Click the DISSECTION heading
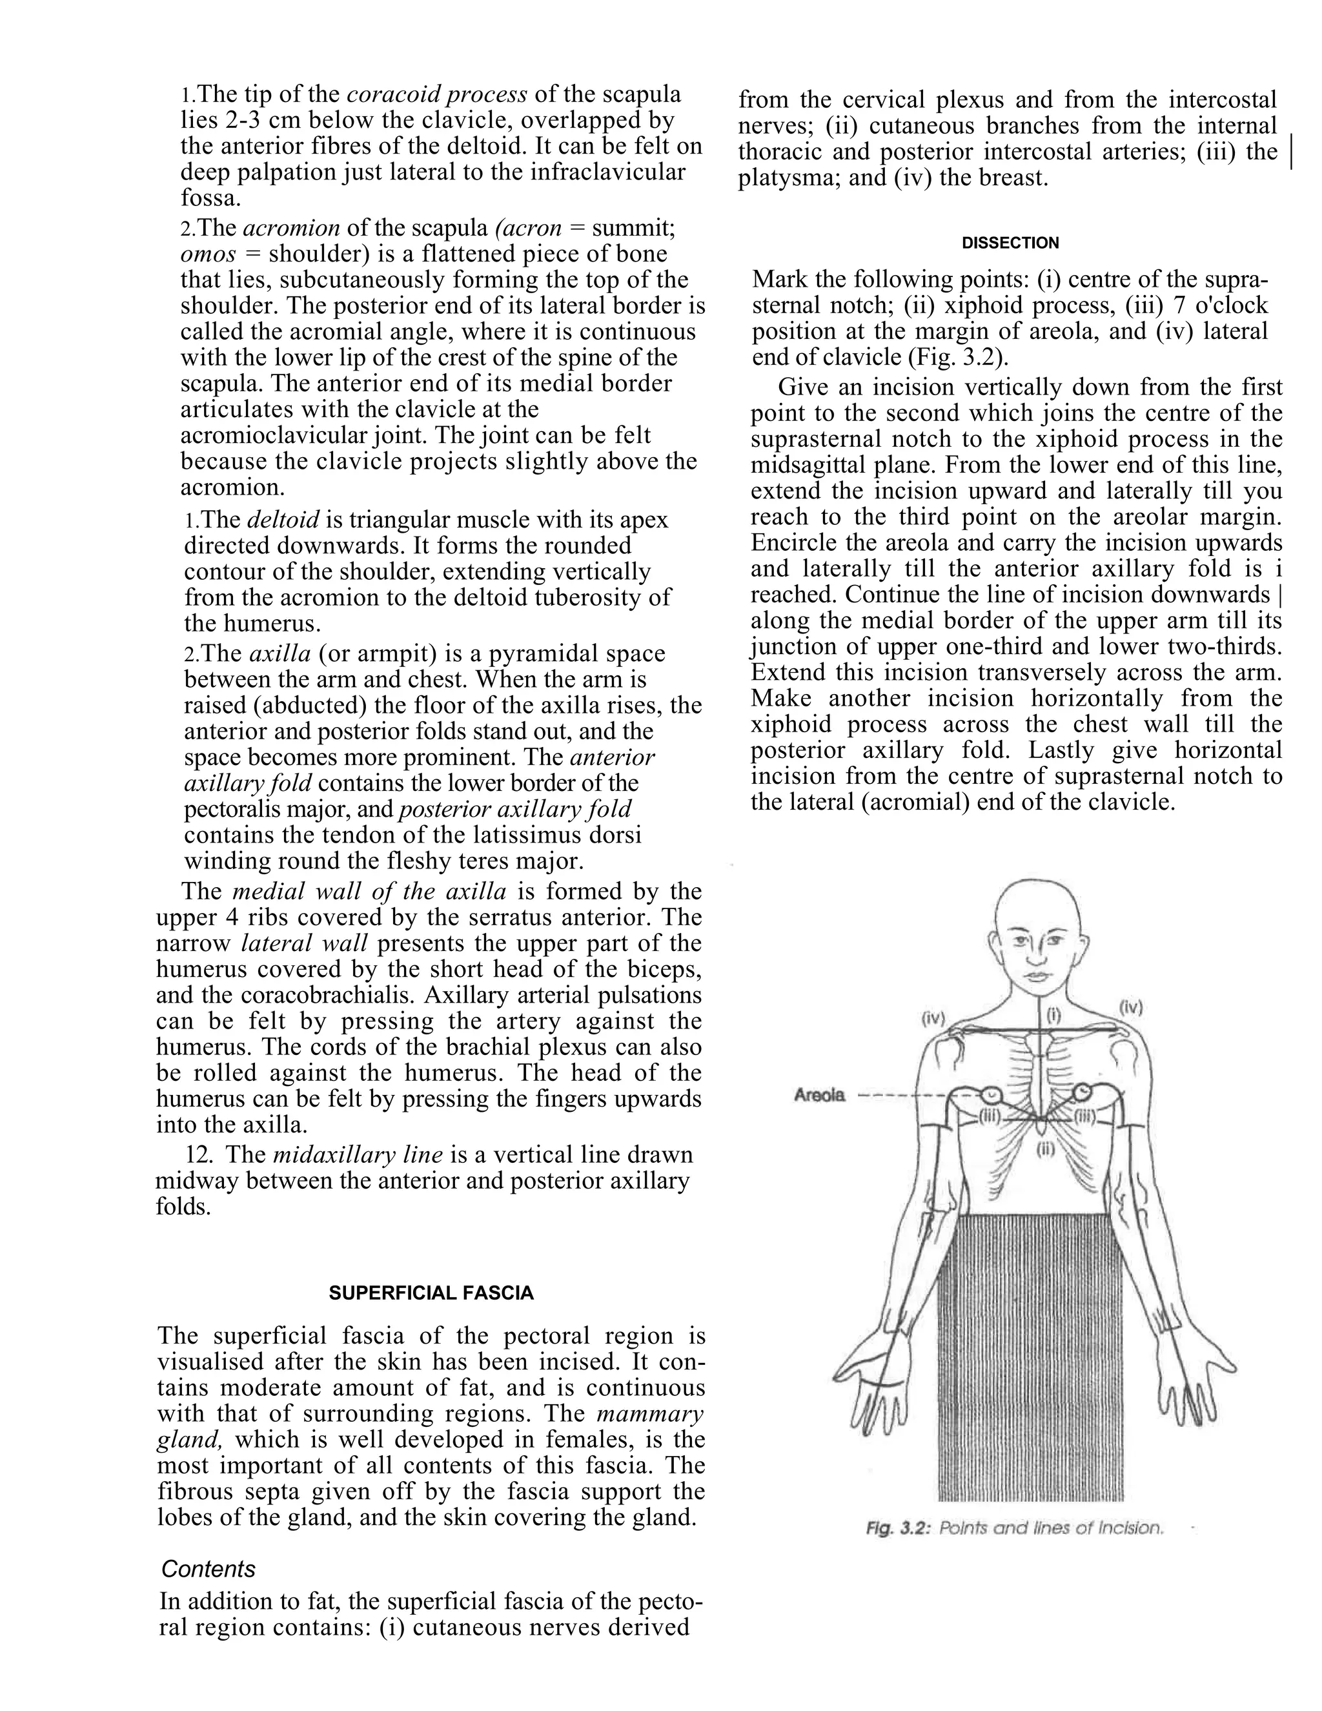(1010, 243)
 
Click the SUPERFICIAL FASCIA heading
(431, 1293)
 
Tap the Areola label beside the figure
(820, 1095)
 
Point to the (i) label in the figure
(1053, 1016)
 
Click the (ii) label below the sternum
(1046, 1150)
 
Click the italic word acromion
(291, 228)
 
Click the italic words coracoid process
(436, 94)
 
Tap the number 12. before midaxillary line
(199, 1155)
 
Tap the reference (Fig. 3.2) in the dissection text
(959, 356)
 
